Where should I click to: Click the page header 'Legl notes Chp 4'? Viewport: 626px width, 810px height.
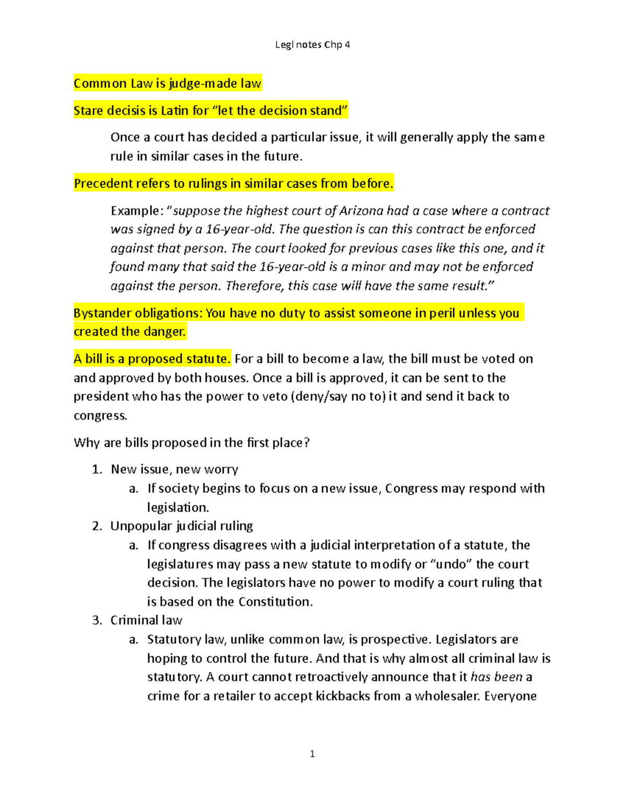click(x=312, y=45)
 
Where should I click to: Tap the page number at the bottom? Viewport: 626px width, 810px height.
click(x=312, y=754)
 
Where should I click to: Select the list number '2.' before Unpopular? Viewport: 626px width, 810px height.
click(x=97, y=526)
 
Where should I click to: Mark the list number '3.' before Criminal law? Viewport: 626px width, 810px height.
click(x=97, y=620)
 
